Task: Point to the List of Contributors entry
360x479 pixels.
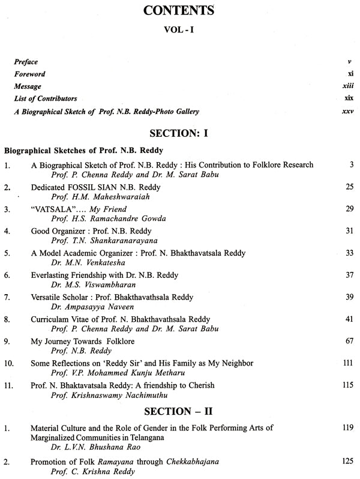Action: coord(47,98)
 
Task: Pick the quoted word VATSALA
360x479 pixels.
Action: coord(55,208)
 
